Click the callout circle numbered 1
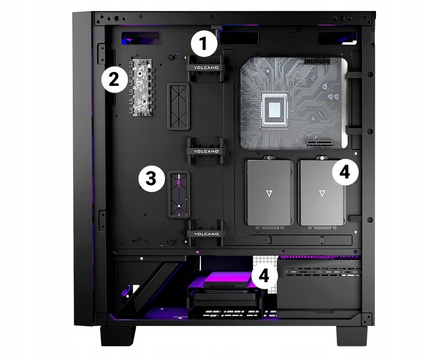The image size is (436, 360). click(x=203, y=44)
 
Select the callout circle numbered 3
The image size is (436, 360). click(x=151, y=178)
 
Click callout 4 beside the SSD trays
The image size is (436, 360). click(x=344, y=172)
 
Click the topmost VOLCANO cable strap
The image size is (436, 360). click(x=204, y=67)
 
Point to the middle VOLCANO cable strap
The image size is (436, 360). click(x=204, y=151)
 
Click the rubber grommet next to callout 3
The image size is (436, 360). click(x=180, y=194)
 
